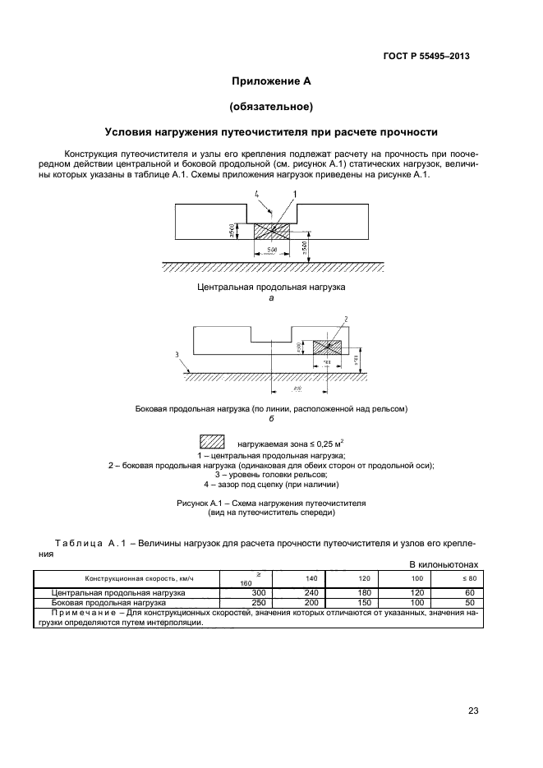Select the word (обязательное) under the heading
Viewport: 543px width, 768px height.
270,107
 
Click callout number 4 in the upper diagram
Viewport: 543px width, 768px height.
256,194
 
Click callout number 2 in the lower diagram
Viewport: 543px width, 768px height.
347,318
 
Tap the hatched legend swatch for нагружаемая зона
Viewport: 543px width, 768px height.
212,443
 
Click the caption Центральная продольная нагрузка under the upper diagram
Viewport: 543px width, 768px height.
271,287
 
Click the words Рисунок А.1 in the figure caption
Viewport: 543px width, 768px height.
201,501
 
